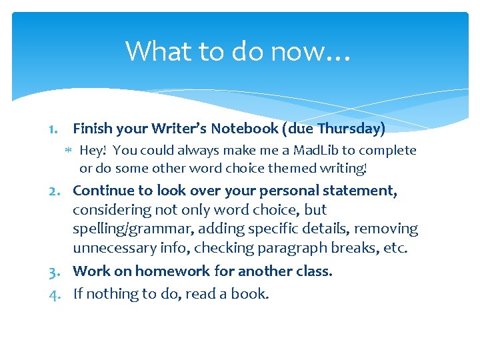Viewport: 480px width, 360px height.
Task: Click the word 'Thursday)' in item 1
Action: click(351, 128)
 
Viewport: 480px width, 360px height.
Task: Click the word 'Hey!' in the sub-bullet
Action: click(93, 151)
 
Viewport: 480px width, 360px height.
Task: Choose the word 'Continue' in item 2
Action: click(102, 191)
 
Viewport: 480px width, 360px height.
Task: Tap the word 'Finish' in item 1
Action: click(92, 128)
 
